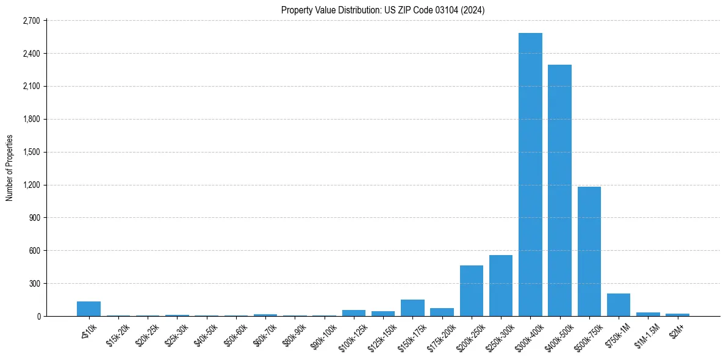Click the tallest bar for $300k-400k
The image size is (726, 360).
pos(530,175)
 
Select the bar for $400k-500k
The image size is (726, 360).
pos(559,190)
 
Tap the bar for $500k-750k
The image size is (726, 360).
pos(589,251)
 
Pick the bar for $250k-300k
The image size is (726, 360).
pos(501,286)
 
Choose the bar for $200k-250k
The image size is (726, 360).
pos(472,290)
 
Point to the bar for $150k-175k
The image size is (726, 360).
pos(412,308)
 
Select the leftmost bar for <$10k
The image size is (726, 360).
pos(88,309)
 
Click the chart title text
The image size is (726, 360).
pos(383,10)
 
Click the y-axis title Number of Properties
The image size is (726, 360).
pos(9,168)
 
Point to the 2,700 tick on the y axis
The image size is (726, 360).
pos(31,21)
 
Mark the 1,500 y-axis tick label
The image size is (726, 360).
pos(31,152)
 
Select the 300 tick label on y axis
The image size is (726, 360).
pos(34,284)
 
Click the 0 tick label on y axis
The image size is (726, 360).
pos(38,317)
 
